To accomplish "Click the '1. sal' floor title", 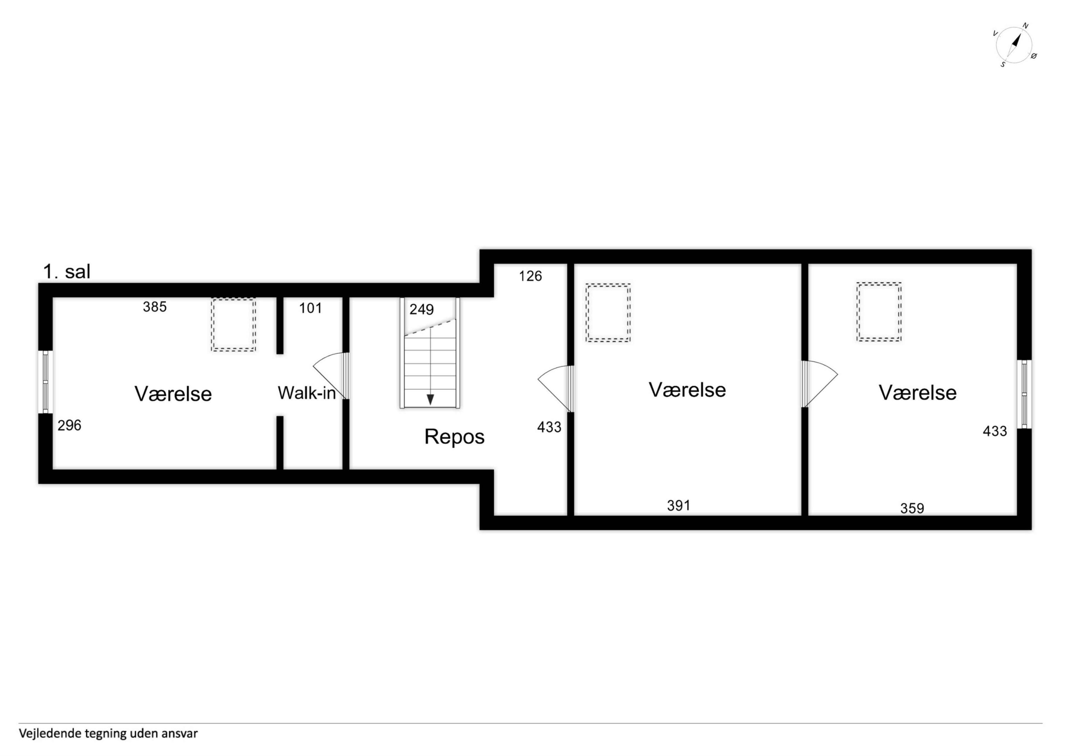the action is (x=67, y=271).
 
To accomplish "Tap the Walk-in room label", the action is (x=307, y=393).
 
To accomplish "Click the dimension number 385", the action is (x=155, y=307).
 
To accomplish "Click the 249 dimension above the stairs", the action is (x=422, y=309).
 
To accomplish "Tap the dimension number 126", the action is (x=530, y=276).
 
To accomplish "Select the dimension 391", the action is (x=678, y=505).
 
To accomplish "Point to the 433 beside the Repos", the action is (x=549, y=427).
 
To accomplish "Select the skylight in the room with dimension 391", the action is (x=608, y=312).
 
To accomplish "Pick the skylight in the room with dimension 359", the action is (x=879, y=312).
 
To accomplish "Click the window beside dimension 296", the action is (x=45, y=382).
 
